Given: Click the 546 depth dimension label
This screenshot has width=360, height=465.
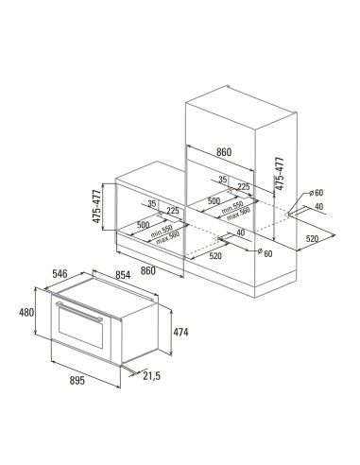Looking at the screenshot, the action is (x=60, y=274).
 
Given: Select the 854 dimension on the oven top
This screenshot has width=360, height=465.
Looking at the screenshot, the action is (x=123, y=275).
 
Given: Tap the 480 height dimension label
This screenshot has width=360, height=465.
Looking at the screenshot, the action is (x=26, y=313).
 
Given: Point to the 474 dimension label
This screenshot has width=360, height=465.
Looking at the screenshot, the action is (x=180, y=332).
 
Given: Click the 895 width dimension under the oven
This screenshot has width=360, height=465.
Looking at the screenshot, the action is (x=77, y=381).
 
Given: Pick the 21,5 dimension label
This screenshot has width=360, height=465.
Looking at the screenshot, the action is (x=151, y=375).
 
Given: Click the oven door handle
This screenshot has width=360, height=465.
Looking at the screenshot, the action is (x=79, y=312).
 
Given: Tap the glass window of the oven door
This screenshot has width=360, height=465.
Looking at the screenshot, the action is (x=80, y=327).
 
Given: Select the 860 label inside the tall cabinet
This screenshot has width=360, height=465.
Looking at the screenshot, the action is (x=224, y=152).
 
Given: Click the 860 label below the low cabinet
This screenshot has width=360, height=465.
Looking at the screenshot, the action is (x=148, y=270).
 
